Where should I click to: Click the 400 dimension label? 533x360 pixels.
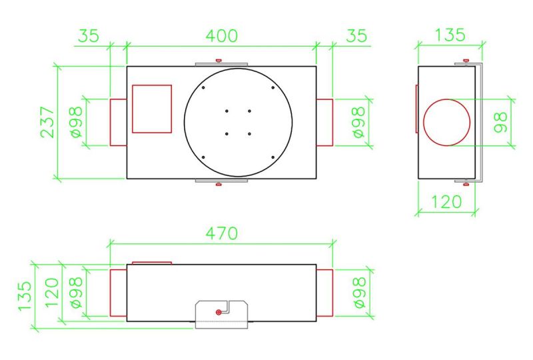pos(222,36)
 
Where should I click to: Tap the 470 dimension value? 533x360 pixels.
pos(222,233)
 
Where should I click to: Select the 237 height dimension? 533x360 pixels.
pos(47,122)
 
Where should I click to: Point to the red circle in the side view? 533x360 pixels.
pos(446,99)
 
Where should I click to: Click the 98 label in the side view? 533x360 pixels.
pos(500,122)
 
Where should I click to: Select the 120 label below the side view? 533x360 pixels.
pos(446,201)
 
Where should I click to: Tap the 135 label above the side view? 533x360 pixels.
pos(450,35)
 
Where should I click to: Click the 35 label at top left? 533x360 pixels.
pos(89,36)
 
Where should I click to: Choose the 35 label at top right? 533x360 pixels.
pos(356,36)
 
